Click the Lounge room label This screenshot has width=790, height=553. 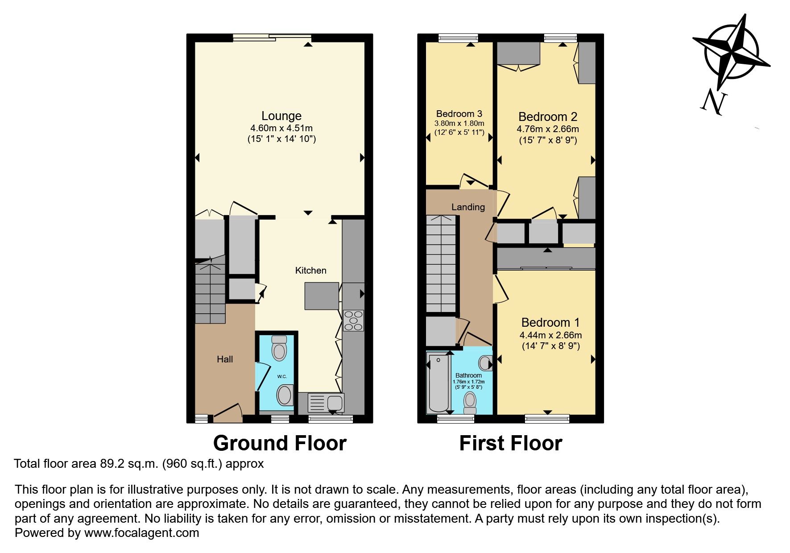[281, 116]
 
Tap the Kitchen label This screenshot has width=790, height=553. [310, 270]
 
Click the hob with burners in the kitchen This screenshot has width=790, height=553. [353, 320]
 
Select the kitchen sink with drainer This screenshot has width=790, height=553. [326, 403]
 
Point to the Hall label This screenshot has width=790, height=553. [225, 359]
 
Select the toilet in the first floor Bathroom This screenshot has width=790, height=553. [470, 402]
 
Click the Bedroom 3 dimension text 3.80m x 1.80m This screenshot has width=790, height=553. [459, 124]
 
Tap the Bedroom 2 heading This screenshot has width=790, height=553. [547, 117]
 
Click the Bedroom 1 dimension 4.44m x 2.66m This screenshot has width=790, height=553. [550, 335]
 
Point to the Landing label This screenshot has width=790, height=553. [468, 207]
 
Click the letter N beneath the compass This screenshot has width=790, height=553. [714, 101]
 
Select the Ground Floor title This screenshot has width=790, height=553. [280, 443]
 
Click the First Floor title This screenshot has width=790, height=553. [510, 443]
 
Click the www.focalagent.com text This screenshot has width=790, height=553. [141, 533]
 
